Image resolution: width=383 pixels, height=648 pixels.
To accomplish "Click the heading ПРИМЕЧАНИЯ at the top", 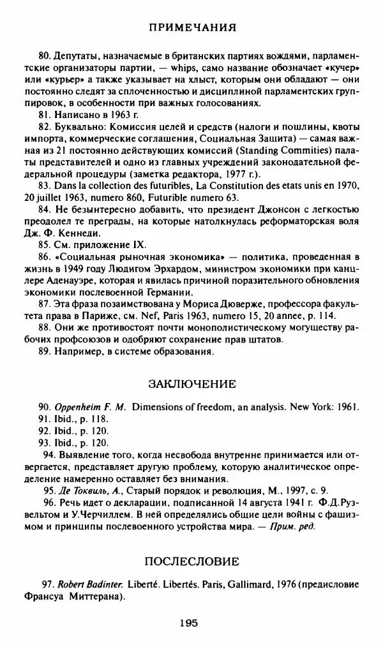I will [192, 27].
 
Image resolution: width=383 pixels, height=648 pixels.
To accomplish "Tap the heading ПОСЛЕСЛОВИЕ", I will [192, 561].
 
